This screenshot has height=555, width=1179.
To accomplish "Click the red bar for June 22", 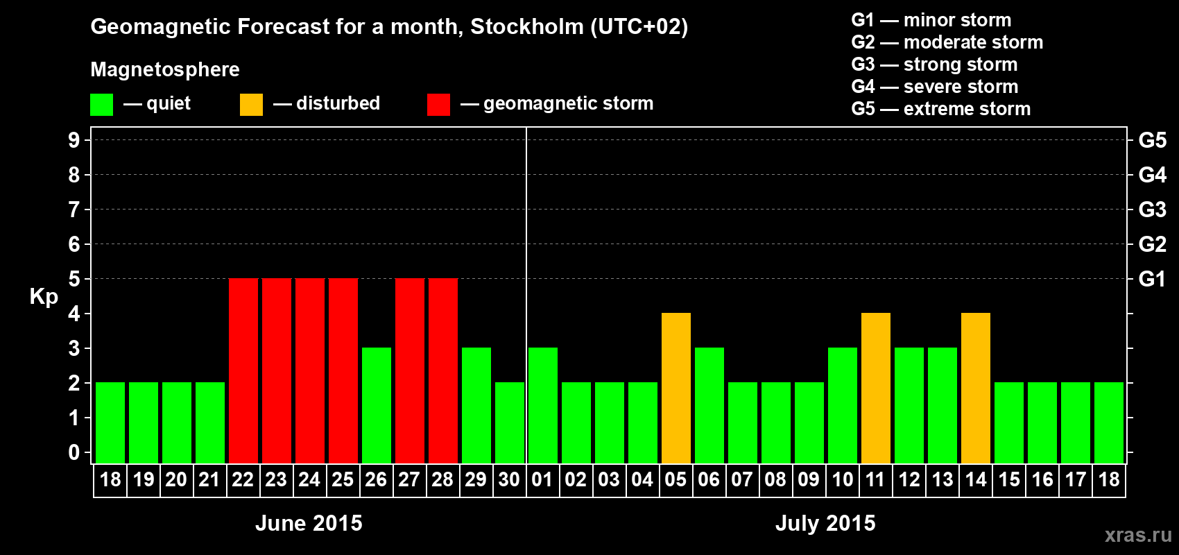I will [243, 370].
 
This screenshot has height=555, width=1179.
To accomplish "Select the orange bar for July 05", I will [675, 388].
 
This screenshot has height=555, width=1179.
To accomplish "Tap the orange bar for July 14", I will [975, 388].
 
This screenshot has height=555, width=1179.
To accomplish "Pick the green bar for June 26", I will [376, 405].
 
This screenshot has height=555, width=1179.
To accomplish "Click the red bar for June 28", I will [442, 370].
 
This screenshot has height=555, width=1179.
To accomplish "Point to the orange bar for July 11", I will [875, 388].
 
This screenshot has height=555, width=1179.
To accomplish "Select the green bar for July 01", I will [542, 405].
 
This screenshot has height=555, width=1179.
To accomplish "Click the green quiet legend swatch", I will [101, 105].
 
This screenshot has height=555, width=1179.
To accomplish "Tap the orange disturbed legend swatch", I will [251, 105].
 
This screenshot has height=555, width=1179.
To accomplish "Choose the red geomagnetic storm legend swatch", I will [438, 105].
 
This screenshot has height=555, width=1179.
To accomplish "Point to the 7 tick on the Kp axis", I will [74, 210].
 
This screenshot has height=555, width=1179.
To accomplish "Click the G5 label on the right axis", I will [1152, 140].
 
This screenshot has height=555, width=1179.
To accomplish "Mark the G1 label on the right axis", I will [1152, 279].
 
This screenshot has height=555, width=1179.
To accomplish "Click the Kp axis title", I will [44, 297].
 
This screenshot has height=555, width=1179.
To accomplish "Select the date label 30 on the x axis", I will [509, 479].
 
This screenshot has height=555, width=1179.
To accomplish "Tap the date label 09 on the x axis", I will [809, 479].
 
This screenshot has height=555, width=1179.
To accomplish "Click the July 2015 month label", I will [825, 523].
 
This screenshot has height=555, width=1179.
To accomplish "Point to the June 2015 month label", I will [309, 523].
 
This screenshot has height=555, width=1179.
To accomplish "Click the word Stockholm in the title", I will [527, 27].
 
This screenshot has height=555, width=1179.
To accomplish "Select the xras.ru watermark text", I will [1137, 535].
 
